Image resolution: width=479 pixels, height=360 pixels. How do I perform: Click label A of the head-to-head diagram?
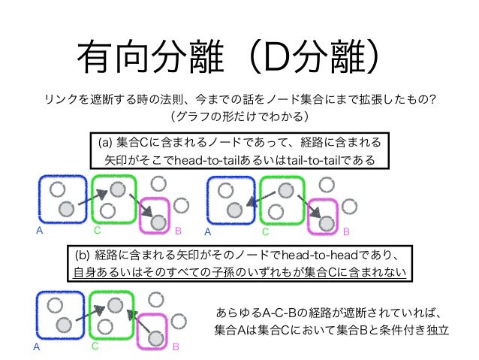tap(35, 348)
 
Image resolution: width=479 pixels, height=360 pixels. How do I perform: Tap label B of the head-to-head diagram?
tap(176, 348)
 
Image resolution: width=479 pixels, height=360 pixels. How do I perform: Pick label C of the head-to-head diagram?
tap(95, 348)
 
